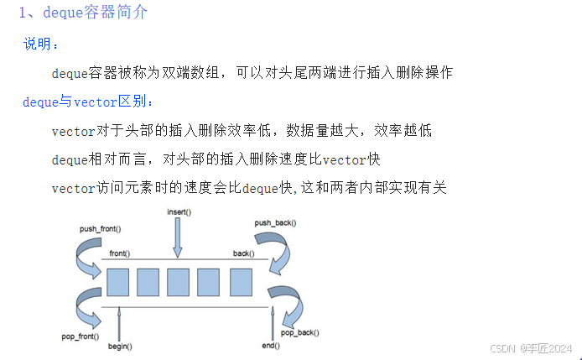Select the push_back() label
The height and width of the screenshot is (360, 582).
276,224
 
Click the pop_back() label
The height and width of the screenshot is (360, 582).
299,333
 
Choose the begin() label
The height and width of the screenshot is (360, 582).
120,346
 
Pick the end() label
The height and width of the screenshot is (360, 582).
270,346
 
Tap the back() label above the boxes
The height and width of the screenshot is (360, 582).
244,253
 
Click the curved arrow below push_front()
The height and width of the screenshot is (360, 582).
86,256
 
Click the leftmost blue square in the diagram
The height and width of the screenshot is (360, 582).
117,282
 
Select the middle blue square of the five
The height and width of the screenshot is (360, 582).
178,282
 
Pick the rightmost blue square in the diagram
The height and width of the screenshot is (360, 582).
239,282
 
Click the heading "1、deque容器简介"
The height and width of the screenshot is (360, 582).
84,14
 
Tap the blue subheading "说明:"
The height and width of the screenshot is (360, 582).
41,44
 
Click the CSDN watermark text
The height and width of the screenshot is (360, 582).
531,347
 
